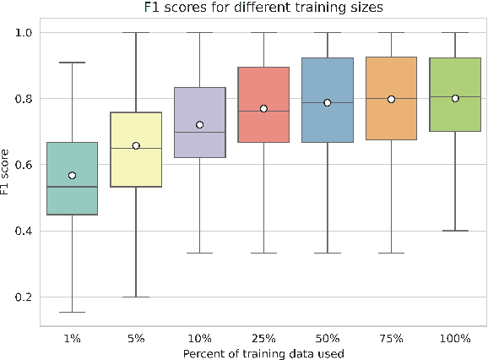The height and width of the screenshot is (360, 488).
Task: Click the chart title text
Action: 263,8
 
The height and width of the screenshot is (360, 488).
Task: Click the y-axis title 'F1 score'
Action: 8,165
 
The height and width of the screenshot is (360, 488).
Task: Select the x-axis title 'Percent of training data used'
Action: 263,351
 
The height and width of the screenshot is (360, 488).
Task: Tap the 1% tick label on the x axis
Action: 72,337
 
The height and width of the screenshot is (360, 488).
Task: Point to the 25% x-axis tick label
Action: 263,337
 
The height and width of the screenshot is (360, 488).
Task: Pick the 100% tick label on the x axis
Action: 455,337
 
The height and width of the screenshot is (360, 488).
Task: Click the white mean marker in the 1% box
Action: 72,175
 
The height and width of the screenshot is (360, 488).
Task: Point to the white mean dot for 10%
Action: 199,125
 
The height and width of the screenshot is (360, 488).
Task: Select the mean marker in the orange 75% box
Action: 391,99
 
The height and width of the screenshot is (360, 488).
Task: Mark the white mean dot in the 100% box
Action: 455,98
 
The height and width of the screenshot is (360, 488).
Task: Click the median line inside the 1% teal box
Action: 72,187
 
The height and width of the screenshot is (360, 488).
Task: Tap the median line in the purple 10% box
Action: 199,133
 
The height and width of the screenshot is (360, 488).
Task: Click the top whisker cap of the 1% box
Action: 72,63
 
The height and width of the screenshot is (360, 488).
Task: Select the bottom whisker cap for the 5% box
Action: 136,297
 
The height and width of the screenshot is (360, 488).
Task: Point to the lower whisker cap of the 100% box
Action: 455,231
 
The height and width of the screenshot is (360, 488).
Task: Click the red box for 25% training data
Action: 263,93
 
